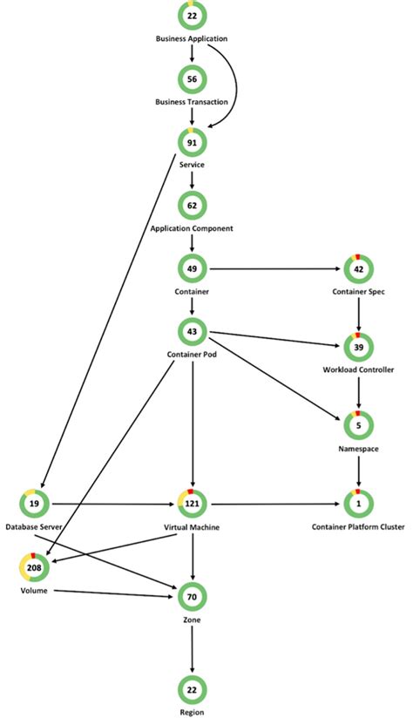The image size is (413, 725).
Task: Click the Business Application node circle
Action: (192, 17)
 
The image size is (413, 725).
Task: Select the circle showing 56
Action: (192, 78)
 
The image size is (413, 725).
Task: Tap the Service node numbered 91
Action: (192, 142)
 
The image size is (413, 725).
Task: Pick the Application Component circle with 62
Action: (192, 206)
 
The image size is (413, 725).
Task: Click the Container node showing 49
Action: (192, 268)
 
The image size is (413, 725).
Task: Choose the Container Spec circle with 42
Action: (358, 268)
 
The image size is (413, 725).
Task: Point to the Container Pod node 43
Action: (192, 333)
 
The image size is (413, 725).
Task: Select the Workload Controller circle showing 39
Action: (358, 347)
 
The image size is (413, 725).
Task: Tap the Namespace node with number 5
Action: (358, 425)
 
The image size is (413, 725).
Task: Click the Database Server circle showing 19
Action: (32, 504)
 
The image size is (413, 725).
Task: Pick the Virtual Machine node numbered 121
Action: (192, 504)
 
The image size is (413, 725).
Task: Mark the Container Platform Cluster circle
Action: (358, 504)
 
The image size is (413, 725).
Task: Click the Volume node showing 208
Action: (32, 567)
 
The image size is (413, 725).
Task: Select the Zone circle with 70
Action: (192, 598)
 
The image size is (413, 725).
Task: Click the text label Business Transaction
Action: (192, 102)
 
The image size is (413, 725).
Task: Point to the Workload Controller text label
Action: (358, 370)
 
